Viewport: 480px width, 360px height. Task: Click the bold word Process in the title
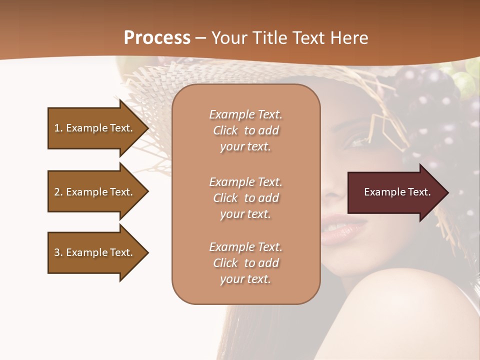157,38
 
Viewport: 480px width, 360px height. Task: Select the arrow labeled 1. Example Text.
95,128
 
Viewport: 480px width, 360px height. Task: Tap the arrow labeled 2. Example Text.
95,192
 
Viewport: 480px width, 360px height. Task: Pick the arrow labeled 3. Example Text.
95,252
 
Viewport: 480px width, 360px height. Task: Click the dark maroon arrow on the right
395,192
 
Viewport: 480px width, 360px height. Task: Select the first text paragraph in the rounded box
245,130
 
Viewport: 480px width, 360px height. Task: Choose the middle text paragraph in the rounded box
245,198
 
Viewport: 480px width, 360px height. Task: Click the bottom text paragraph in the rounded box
245,263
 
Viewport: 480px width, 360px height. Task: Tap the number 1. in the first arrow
58,128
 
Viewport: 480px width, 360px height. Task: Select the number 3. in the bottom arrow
58,252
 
